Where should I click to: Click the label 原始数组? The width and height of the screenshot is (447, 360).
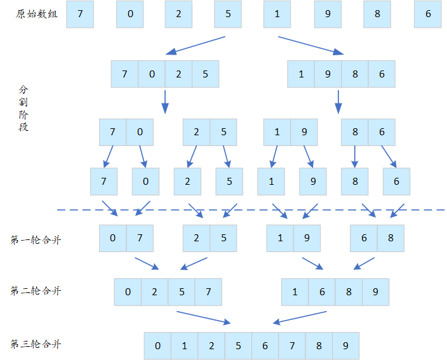[x=37, y=14]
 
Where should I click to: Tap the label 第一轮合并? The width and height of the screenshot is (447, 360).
[x=36, y=239]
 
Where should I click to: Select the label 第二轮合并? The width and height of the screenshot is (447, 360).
[x=36, y=291]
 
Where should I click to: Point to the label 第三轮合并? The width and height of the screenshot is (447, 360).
[x=36, y=344]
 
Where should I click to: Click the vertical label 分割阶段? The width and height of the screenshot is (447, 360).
[x=23, y=108]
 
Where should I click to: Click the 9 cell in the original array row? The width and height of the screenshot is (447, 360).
[x=328, y=14]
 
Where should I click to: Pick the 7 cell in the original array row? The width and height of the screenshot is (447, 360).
[x=79, y=14]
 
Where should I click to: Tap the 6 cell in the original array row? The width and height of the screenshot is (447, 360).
[x=428, y=14]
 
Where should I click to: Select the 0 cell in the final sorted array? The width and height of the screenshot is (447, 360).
[x=157, y=346]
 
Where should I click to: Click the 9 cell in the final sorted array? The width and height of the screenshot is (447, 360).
[x=345, y=346]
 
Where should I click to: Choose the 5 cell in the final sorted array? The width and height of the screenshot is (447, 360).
[x=238, y=346]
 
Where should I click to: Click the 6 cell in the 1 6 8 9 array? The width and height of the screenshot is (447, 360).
[x=322, y=292]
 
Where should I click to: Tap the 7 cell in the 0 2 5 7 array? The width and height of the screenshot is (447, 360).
[x=209, y=292]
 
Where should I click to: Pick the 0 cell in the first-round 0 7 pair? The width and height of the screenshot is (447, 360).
[x=113, y=238]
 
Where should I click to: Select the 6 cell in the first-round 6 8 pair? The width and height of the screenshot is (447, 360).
[x=364, y=238]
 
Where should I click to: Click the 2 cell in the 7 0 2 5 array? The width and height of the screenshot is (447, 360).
[x=178, y=74]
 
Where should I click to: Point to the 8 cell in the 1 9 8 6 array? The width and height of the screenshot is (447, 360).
[x=355, y=74]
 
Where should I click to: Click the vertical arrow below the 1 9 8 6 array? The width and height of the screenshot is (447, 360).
[x=338, y=100]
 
